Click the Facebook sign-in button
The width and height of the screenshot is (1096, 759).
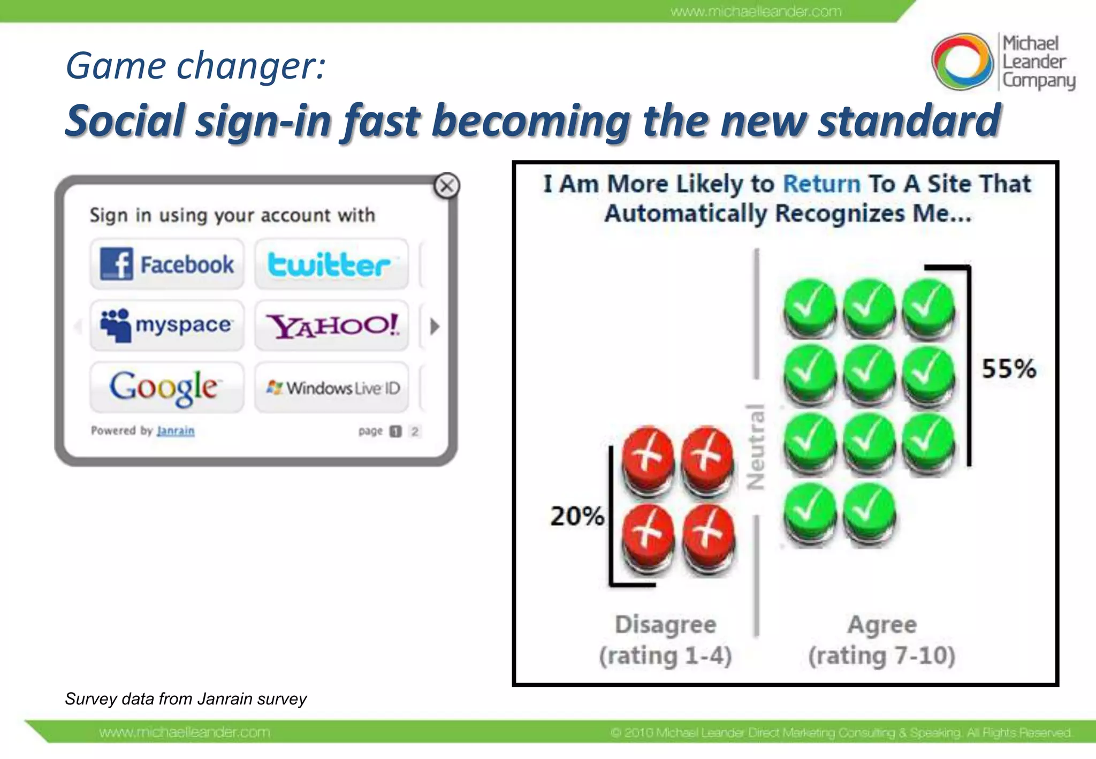(x=167, y=264)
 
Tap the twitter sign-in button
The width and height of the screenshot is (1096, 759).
(x=331, y=264)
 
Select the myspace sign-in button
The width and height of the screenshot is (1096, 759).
(x=167, y=325)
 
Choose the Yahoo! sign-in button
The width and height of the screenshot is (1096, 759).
(x=331, y=325)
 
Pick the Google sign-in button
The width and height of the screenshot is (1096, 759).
(x=167, y=387)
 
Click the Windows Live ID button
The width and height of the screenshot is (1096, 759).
(x=331, y=388)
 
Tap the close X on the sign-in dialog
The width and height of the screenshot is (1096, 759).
(x=446, y=186)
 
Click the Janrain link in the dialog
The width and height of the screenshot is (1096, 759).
(x=176, y=431)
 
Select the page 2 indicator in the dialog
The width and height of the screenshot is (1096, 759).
(x=415, y=431)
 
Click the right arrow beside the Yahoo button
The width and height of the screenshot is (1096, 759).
(x=435, y=326)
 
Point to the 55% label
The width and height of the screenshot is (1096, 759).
(x=1009, y=369)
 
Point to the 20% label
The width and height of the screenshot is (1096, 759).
(x=577, y=517)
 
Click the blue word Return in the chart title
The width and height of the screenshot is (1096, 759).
(x=821, y=184)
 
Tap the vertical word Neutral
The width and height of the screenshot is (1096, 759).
(x=756, y=447)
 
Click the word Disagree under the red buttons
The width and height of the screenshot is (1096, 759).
(x=665, y=625)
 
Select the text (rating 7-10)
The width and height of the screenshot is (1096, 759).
(x=881, y=656)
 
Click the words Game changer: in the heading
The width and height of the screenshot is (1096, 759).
(x=195, y=66)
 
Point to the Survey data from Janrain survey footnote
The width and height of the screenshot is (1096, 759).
(x=186, y=699)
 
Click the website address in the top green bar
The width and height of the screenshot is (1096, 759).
(x=756, y=11)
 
